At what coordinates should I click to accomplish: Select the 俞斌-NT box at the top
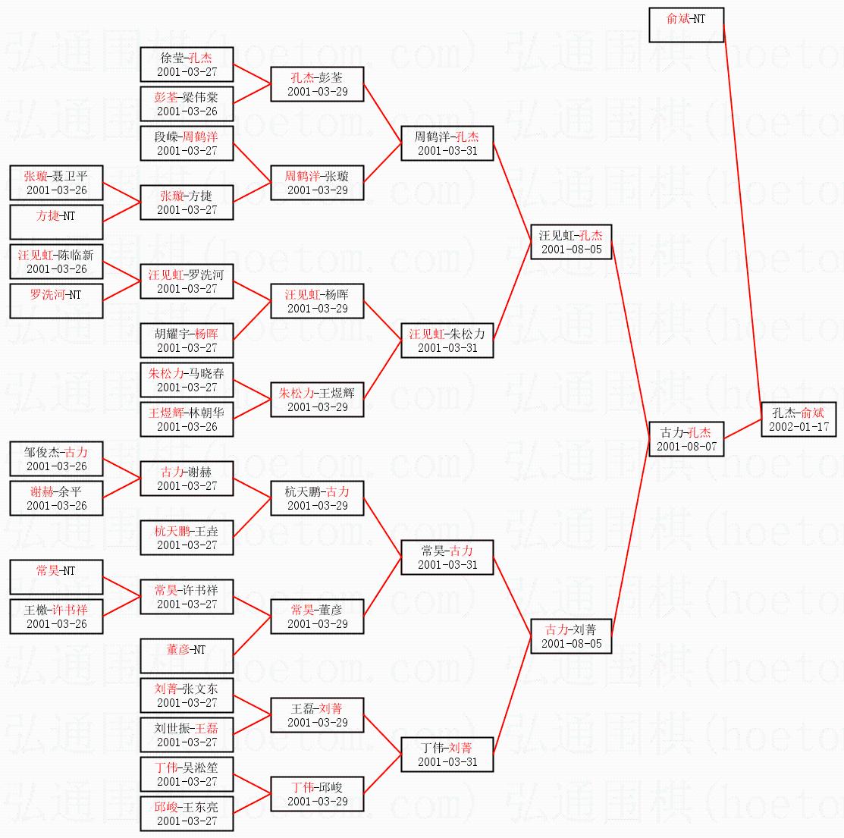tap(686, 25)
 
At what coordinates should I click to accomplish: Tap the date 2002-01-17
tap(799, 427)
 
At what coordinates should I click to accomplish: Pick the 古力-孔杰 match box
tap(686, 439)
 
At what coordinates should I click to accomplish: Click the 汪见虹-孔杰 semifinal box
tap(571, 242)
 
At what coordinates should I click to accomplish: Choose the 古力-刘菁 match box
tap(571, 636)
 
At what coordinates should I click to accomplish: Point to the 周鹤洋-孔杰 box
tap(447, 143)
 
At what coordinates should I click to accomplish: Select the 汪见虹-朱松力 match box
tap(447, 341)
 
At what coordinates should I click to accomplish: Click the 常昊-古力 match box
tap(447, 557)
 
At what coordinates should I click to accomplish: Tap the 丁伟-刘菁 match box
tap(447, 755)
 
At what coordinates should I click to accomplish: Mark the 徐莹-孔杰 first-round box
tap(187, 64)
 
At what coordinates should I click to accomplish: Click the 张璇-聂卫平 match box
tap(56, 183)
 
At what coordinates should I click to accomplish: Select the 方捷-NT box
tap(56, 222)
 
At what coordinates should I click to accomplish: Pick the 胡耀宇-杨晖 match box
tap(187, 341)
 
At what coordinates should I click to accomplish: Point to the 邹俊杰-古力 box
tap(56, 459)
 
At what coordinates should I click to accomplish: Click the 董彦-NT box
tap(187, 656)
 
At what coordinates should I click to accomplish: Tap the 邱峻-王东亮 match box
tap(187, 814)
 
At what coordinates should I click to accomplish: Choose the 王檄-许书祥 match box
tap(56, 617)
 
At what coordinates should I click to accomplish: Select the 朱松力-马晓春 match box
tap(187, 380)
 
